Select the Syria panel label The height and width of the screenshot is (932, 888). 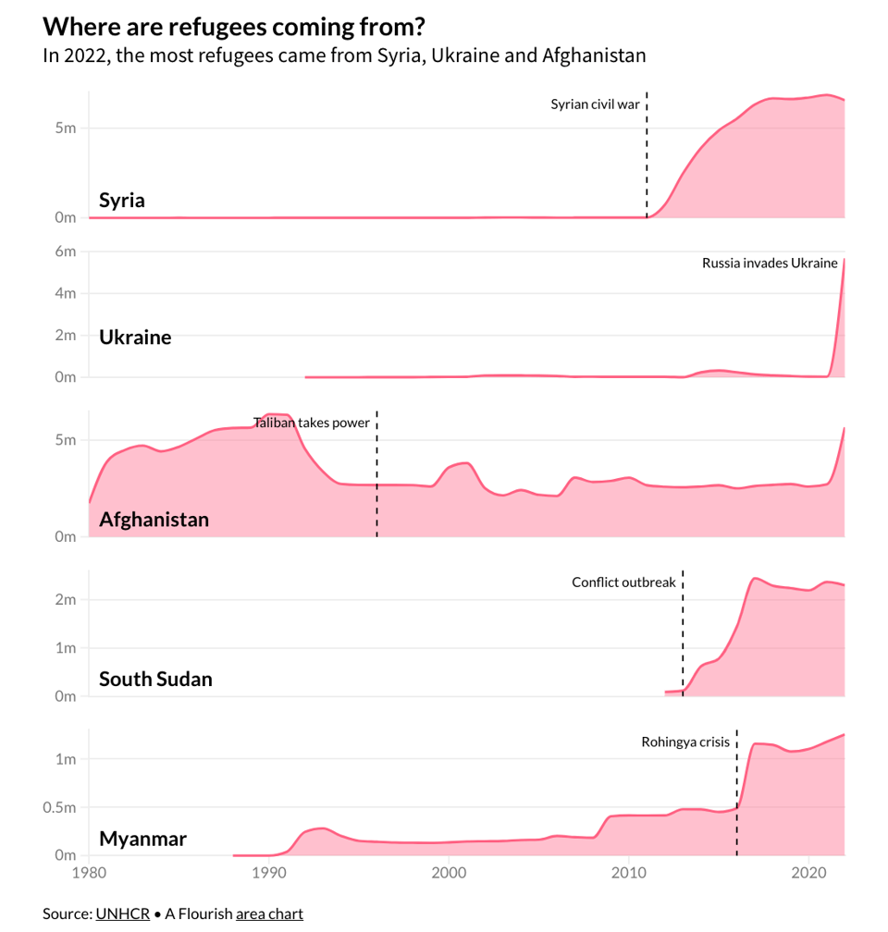(x=122, y=200)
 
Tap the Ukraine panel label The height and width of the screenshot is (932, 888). (x=135, y=337)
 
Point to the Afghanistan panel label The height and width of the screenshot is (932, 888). (x=154, y=520)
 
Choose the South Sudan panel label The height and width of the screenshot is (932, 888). (x=155, y=679)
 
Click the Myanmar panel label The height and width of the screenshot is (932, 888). (x=142, y=839)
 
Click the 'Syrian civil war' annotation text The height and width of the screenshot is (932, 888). (x=595, y=104)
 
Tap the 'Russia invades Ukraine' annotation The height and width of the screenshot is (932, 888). (x=770, y=263)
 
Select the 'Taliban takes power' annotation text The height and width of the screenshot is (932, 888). (x=312, y=423)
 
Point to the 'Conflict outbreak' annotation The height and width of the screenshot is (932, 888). (x=623, y=582)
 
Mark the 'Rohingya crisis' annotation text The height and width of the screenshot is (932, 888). (x=685, y=742)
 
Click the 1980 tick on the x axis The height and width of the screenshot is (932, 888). (x=89, y=871)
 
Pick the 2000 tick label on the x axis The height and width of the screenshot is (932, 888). (x=449, y=871)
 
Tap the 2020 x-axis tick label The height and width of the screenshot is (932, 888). (x=809, y=871)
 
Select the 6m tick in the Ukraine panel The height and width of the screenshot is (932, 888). (x=65, y=251)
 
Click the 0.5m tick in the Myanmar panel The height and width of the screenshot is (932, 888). (x=60, y=807)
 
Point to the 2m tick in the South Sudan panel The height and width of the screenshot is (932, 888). (x=65, y=599)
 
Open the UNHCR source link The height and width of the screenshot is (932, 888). (x=122, y=914)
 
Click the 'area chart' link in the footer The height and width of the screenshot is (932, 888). (x=269, y=914)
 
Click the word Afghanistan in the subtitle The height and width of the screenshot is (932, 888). (x=593, y=55)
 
